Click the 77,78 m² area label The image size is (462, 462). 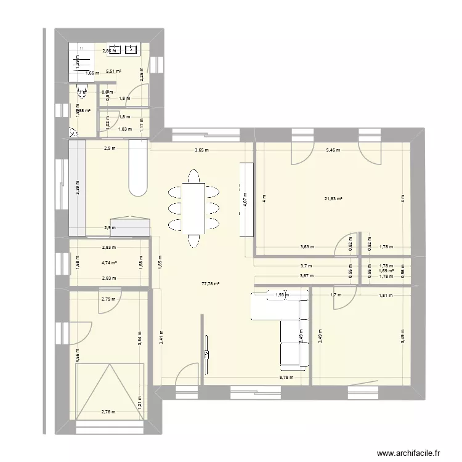coord(211,284)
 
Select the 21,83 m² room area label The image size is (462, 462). coord(333,199)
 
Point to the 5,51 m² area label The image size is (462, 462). coord(113,71)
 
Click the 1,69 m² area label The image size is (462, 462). coord(386,270)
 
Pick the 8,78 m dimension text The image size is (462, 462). coord(286,378)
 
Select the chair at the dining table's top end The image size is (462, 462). coord(193,176)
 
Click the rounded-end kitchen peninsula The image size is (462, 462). coord(137,169)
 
